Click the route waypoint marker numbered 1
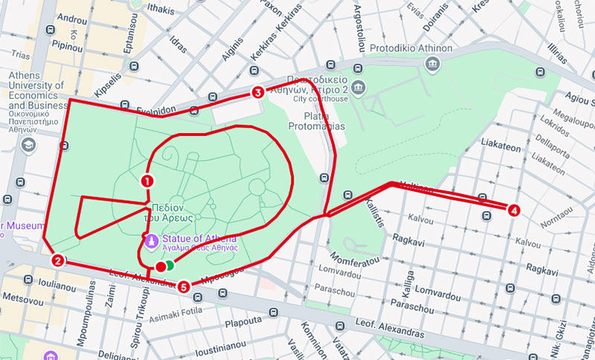147,180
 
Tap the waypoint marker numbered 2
57,260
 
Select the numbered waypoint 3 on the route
257,93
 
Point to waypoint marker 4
513,210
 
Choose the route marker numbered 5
184,285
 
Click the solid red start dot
160,266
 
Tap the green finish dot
170,265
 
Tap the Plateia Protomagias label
324,121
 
